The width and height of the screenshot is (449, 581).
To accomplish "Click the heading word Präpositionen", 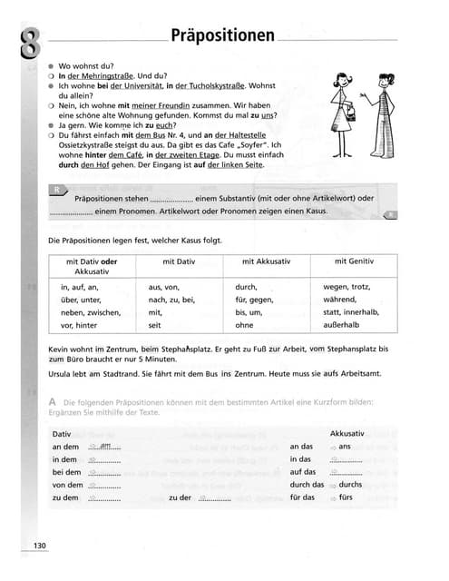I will (x=221, y=35).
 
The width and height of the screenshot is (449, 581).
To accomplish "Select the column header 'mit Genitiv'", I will (x=354, y=261).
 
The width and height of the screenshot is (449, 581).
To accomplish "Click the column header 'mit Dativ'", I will (x=180, y=261).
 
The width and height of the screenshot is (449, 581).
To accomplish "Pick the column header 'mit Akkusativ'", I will (x=267, y=261).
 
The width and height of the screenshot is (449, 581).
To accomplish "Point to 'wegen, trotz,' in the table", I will (x=347, y=287).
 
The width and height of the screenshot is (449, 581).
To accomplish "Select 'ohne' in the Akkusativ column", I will (x=244, y=325).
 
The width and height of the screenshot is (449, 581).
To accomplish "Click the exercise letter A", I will (x=54, y=400).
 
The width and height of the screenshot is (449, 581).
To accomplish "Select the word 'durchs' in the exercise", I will (x=350, y=485).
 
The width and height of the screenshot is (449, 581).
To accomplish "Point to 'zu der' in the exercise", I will (x=181, y=497).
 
